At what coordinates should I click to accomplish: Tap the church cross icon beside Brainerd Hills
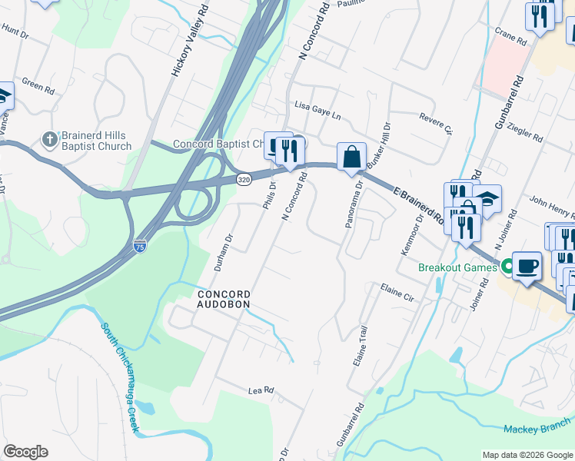[48, 140]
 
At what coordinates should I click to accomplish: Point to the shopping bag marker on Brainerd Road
[351, 157]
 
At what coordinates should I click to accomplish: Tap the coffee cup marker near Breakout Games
[527, 266]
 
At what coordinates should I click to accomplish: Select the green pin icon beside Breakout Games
[506, 267]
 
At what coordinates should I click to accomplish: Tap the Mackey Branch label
[538, 426]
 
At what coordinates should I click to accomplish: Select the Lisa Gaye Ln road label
[317, 110]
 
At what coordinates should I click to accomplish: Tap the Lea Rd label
[261, 390]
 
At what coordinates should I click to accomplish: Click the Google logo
[25, 452]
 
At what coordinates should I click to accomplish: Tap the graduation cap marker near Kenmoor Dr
[487, 200]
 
